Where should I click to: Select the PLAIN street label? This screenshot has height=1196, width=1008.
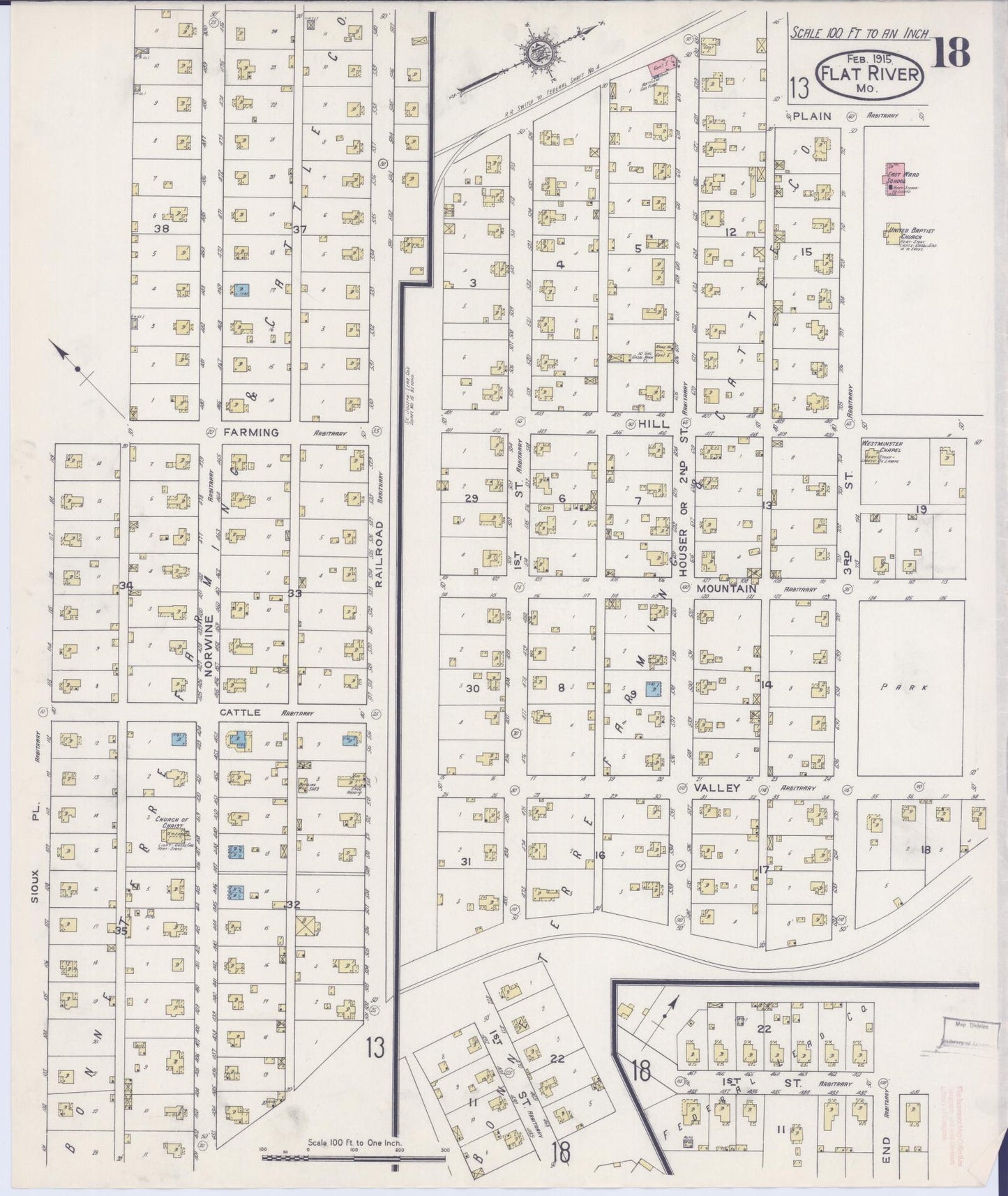(x=811, y=116)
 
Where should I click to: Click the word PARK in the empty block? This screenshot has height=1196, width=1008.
(x=913, y=687)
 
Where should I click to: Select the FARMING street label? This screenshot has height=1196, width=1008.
(x=250, y=433)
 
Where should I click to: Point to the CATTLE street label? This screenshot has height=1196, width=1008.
(x=239, y=712)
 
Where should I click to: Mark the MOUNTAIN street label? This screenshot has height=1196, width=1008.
(x=726, y=589)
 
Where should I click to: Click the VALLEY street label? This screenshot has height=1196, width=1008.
(x=716, y=787)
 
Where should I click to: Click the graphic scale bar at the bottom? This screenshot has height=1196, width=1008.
(x=353, y=1157)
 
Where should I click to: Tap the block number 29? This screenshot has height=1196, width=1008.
(x=472, y=498)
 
